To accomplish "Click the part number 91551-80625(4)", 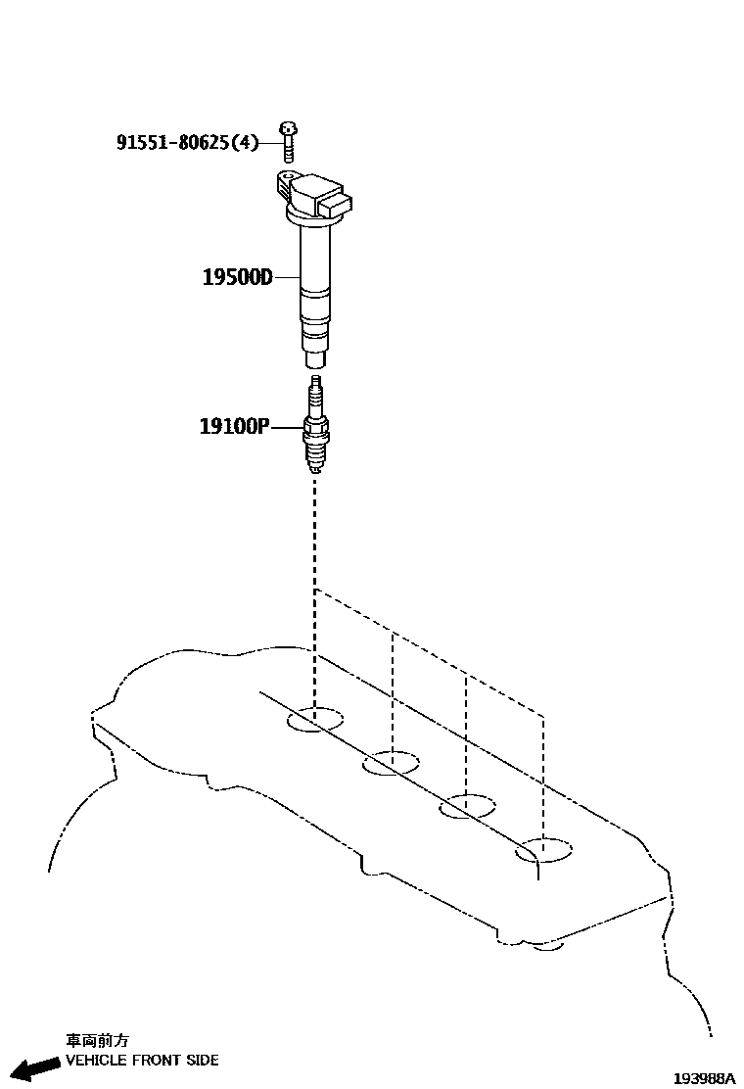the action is click(x=187, y=143).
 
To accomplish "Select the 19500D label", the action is click(x=237, y=277).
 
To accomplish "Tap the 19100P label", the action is click(x=234, y=426).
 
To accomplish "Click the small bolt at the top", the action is click(x=288, y=141).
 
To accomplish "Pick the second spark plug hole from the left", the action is click(x=391, y=763).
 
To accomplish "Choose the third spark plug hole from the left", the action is click(x=467, y=807).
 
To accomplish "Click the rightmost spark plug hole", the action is click(x=543, y=850).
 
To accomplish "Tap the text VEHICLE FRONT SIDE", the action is click(x=142, y=1060).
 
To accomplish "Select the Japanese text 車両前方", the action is click(x=97, y=1041).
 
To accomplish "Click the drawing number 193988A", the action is click(x=704, y=1078).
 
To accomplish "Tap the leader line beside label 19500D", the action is click(x=287, y=277).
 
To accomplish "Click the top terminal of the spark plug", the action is click(x=315, y=381).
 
